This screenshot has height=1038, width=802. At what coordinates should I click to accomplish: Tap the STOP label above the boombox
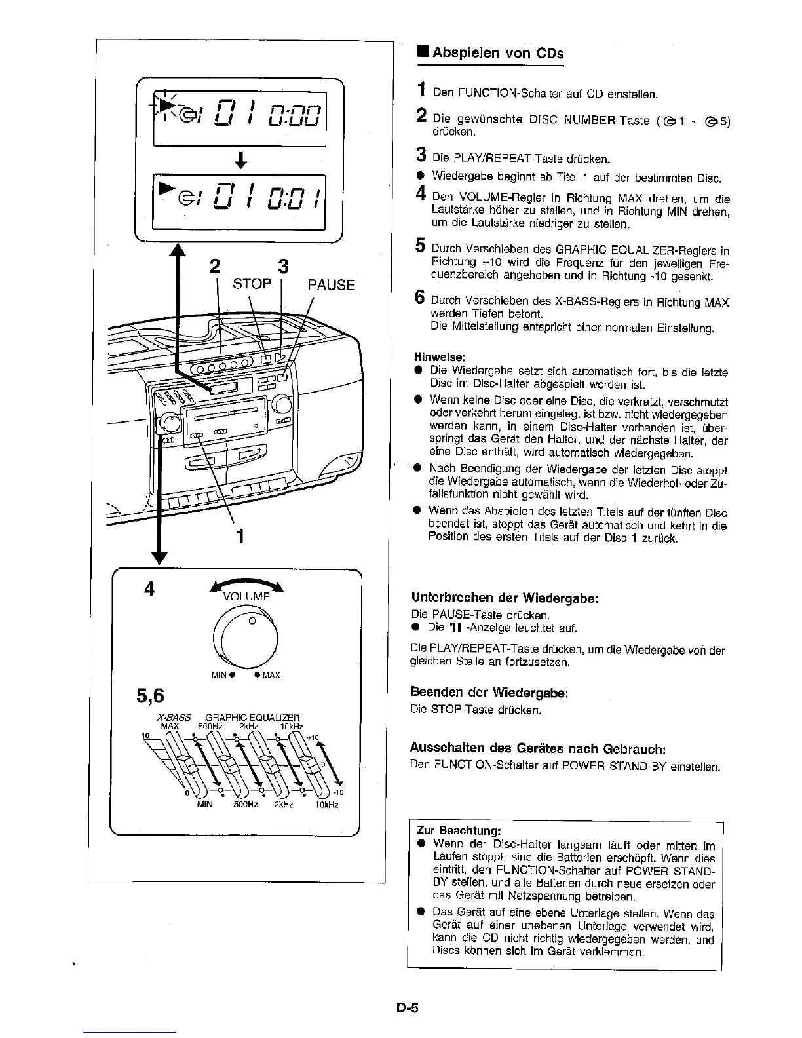click(x=252, y=284)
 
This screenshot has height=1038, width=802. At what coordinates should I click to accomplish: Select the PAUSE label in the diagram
click(x=331, y=285)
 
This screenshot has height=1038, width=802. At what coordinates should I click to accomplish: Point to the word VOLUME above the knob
click(x=246, y=596)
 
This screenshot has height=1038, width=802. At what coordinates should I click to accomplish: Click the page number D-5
click(x=406, y=1009)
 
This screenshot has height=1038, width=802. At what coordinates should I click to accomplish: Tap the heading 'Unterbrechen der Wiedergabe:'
click(x=505, y=598)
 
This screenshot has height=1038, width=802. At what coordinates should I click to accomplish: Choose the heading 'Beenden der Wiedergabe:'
click(x=488, y=692)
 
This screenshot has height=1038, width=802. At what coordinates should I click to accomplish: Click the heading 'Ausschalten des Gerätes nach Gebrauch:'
click(x=529, y=748)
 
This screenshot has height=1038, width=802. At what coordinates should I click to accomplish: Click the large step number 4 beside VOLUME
click(x=150, y=589)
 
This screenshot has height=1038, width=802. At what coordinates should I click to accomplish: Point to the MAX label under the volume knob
click(x=271, y=675)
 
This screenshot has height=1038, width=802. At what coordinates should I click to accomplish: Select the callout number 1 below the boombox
click(x=240, y=537)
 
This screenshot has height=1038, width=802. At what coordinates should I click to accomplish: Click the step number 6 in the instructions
click(x=420, y=299)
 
